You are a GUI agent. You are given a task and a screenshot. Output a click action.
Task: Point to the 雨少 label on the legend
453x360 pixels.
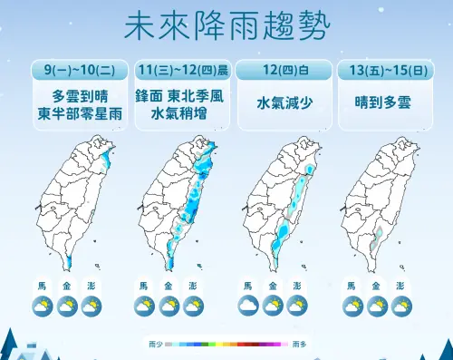(154, 345)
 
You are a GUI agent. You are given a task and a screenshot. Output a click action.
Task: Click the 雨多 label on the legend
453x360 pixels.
(298, 345)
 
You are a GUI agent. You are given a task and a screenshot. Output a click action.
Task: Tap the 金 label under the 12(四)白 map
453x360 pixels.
(272, 287)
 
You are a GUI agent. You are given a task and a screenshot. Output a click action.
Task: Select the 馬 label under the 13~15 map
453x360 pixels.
(350, 287)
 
